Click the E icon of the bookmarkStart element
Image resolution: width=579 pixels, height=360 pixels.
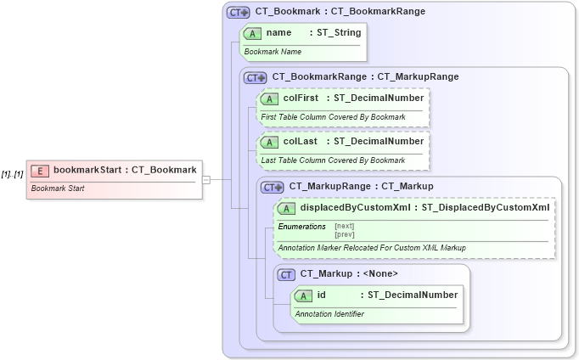pyautogui.click(x=40, y=171)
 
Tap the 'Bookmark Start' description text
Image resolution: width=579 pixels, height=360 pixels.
pyautogui.click(x=59, y=188)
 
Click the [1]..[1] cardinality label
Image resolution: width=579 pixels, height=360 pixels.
pyautogui.click(x=12, y=174)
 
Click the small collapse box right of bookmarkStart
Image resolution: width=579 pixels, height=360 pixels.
pyautogui.click(x=205, y=180)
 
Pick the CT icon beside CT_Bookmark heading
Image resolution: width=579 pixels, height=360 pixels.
pyautogui.click(x=238, y=13)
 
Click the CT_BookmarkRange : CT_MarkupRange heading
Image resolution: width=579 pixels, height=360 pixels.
pyautogui.click(x=365, y=76)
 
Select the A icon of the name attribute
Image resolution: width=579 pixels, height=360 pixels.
pyautogui.click(x=252, y=33)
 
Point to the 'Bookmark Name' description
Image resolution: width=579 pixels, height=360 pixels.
pyautogui.click(x=273, y=52)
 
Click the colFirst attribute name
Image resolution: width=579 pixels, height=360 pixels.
pyautogui.click(x=301, y=98)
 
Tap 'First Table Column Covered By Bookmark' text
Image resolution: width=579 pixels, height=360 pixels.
pyautogui.click(x=333, y=116)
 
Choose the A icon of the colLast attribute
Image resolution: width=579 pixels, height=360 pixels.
pyautogui.click(x=269, y=142)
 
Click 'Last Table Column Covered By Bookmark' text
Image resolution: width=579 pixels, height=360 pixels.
pyautogui.click(x=333, y=160)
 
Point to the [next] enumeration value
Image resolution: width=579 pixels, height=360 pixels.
pyautogui.click(x=344, y=226)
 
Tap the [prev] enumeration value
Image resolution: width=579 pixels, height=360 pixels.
pyautogui.click(x=344, y=234)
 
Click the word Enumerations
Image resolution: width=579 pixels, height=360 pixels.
pyautogui.click(x=302, y=227)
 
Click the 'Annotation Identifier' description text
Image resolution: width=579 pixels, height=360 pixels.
pyautogui.click(x=329, y=314)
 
